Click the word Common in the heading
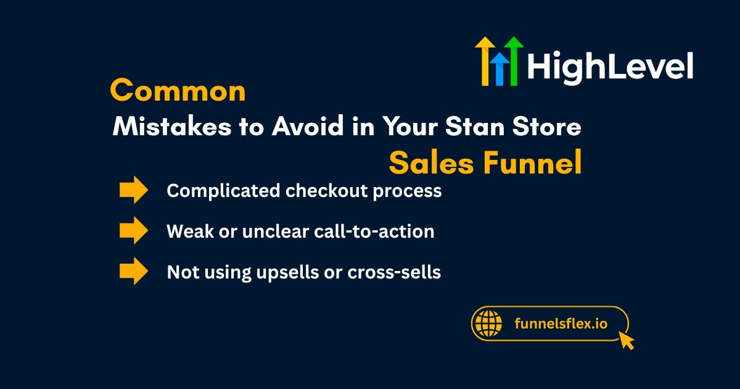(x=178, y=90)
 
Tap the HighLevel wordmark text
(x=610, y=67)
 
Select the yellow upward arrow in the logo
(x=485, y=61)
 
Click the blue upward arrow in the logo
(x=500, y=69)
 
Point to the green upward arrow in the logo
(x=514, y=61)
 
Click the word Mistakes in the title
(x=172, y=127)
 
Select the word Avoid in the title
(x=308, y=127)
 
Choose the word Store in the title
(x=547, y=127)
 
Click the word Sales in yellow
(x=432, y=162)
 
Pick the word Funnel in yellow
(x=532, y=162)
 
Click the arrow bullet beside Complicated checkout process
(x=134, y=190)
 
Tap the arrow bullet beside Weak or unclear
(x=134, y=230)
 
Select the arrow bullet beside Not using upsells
(x=134, y=271)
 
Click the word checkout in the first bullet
(x=326, y=191)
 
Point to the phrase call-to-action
(x=374, y=231)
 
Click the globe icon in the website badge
(x=488, y=324)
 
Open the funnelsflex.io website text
(x=561, y=324)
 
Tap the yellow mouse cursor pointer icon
(x=626, y=340)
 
